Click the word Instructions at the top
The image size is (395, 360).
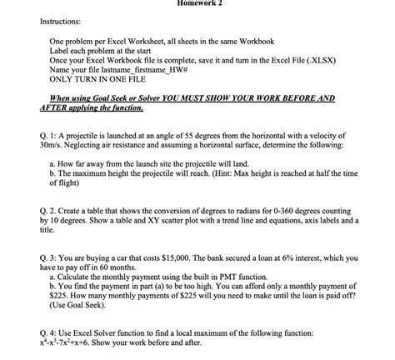point(57,17)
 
